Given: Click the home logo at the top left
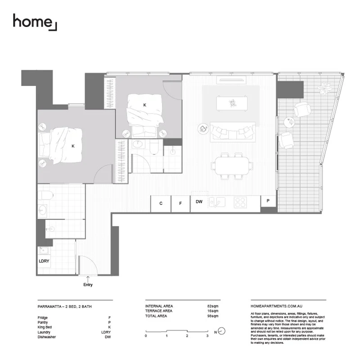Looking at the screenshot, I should tap(35, 22).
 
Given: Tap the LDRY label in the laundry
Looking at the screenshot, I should tap(44, 261).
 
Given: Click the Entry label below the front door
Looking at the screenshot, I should tap(88, 284).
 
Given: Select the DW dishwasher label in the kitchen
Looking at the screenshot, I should tap(198, 202).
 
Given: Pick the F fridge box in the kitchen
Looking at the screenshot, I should tap(180, 203).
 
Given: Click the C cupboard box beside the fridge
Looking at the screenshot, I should tap(161, 203).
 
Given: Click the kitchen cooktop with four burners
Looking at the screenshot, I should tap(240, 202).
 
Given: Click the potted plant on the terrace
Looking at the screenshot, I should tap(324, 88).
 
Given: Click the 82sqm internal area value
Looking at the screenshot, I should tap(212, 306).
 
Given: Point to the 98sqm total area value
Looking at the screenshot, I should tap(212, 316).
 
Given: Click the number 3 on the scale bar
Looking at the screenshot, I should tap(207, 336).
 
